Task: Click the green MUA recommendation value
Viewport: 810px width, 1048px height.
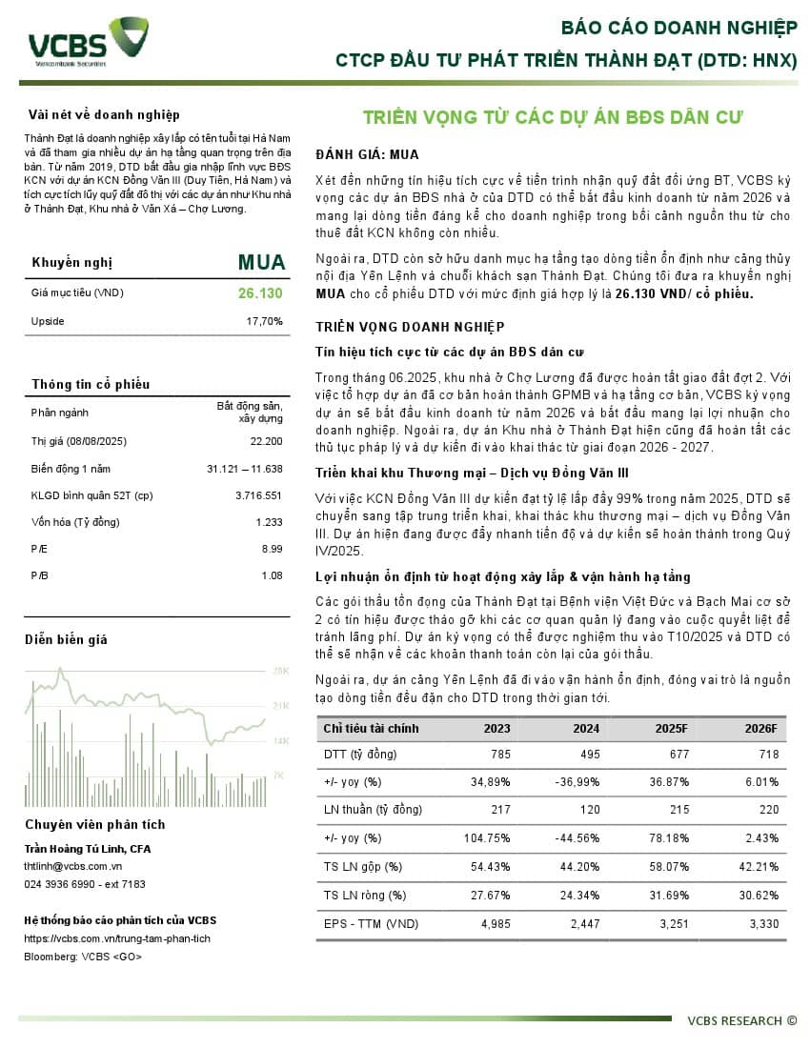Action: pos(260,262)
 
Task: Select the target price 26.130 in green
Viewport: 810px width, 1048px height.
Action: pos(260,292)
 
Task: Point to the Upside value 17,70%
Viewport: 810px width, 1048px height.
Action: pos(264,321)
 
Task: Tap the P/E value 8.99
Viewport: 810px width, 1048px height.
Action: pos(272,549)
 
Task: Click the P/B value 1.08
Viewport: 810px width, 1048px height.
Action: pos(272,575)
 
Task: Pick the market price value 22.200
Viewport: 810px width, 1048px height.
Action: pos(266,441)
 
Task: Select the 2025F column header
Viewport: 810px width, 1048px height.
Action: pos(671,729)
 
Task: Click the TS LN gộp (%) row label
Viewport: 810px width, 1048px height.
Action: pos(363,867)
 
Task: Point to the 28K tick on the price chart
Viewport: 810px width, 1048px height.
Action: pos(281,671)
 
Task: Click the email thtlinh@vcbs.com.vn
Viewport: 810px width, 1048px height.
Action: pos(73,866)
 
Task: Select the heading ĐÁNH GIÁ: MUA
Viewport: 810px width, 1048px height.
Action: pos(367,154)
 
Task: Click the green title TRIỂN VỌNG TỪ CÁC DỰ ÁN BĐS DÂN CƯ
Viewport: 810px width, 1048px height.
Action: pos(552,117)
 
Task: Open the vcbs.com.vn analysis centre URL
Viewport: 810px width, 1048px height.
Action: pos(117,938)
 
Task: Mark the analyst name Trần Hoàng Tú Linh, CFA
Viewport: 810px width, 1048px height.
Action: pos(88,849)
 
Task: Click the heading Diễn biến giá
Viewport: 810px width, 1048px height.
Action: pos(66,639)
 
